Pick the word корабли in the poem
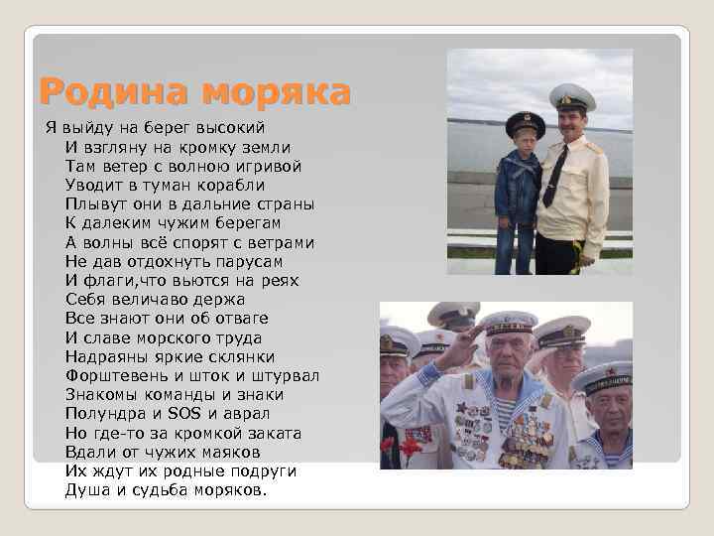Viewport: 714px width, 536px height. click(228, 185)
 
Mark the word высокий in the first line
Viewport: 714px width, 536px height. click(229, 127)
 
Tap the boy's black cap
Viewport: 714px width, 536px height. click(525, 124)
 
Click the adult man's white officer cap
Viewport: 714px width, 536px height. click(571, 97)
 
